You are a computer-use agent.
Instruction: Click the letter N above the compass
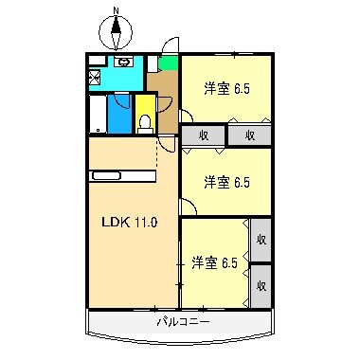click(x=117, y=10)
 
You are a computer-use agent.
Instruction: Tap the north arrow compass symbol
click(x=117, y=35)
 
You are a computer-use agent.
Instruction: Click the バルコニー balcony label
click(x=183, y=322)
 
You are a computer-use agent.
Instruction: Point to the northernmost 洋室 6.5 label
click(x=227, y=89)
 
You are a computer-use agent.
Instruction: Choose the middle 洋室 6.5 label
click(x=227, y=180)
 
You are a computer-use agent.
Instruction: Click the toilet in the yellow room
click(x=145, y=120)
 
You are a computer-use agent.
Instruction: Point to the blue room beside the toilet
click(x=119, y=114)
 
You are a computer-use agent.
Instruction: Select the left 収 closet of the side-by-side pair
click(x=203, y=135)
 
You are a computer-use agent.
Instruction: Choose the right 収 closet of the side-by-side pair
click(x=251, y=135)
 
